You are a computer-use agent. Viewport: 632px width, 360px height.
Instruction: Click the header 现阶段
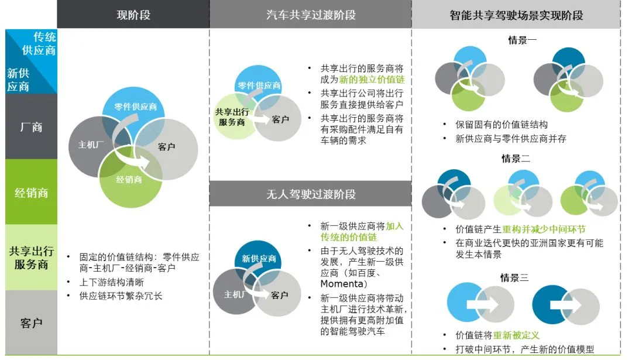(133, 15)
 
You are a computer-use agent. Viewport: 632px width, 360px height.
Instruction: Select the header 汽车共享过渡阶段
(311, 15)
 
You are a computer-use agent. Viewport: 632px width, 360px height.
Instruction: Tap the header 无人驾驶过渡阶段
(311, 194)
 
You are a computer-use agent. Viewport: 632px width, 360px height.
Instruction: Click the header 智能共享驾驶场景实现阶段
(516, 15)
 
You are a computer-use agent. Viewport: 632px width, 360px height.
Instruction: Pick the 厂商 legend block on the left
(32, 126)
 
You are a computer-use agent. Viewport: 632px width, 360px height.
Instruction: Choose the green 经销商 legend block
(32, 192)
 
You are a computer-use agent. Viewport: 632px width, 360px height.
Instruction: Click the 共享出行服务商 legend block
(32, 258)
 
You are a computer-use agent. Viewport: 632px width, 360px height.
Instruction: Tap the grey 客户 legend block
(32, 323)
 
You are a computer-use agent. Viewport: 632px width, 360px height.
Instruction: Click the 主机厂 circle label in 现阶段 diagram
(92, 144)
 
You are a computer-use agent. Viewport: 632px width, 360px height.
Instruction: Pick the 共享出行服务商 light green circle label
(232, 116)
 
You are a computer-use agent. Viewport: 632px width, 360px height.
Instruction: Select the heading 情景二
(516, 159)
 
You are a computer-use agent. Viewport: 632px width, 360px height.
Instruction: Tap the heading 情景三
(514, 277)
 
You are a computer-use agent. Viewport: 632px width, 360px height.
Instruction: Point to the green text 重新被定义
(516, 335)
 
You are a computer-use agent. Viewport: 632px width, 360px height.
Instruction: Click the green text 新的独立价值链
(372, 80)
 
